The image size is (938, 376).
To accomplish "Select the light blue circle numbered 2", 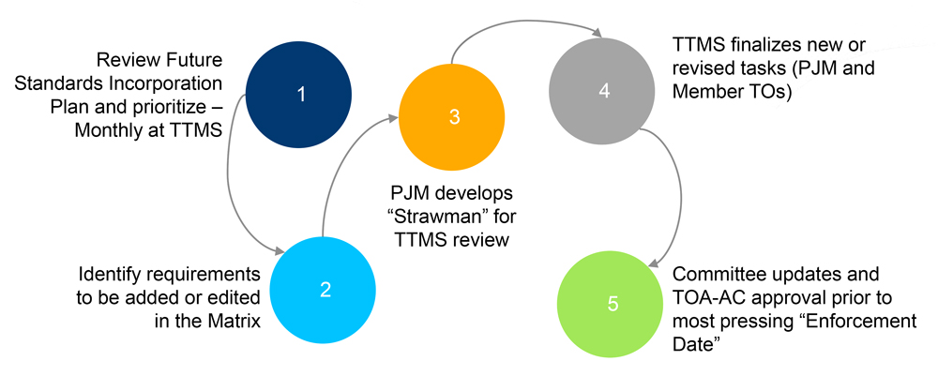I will pyautogui.click(x=325, y=288).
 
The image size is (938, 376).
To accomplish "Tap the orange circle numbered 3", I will pyautogui.click(x=453, y=116).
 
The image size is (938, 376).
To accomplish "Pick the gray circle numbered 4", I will pyautogui.click(x=603, y=92).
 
